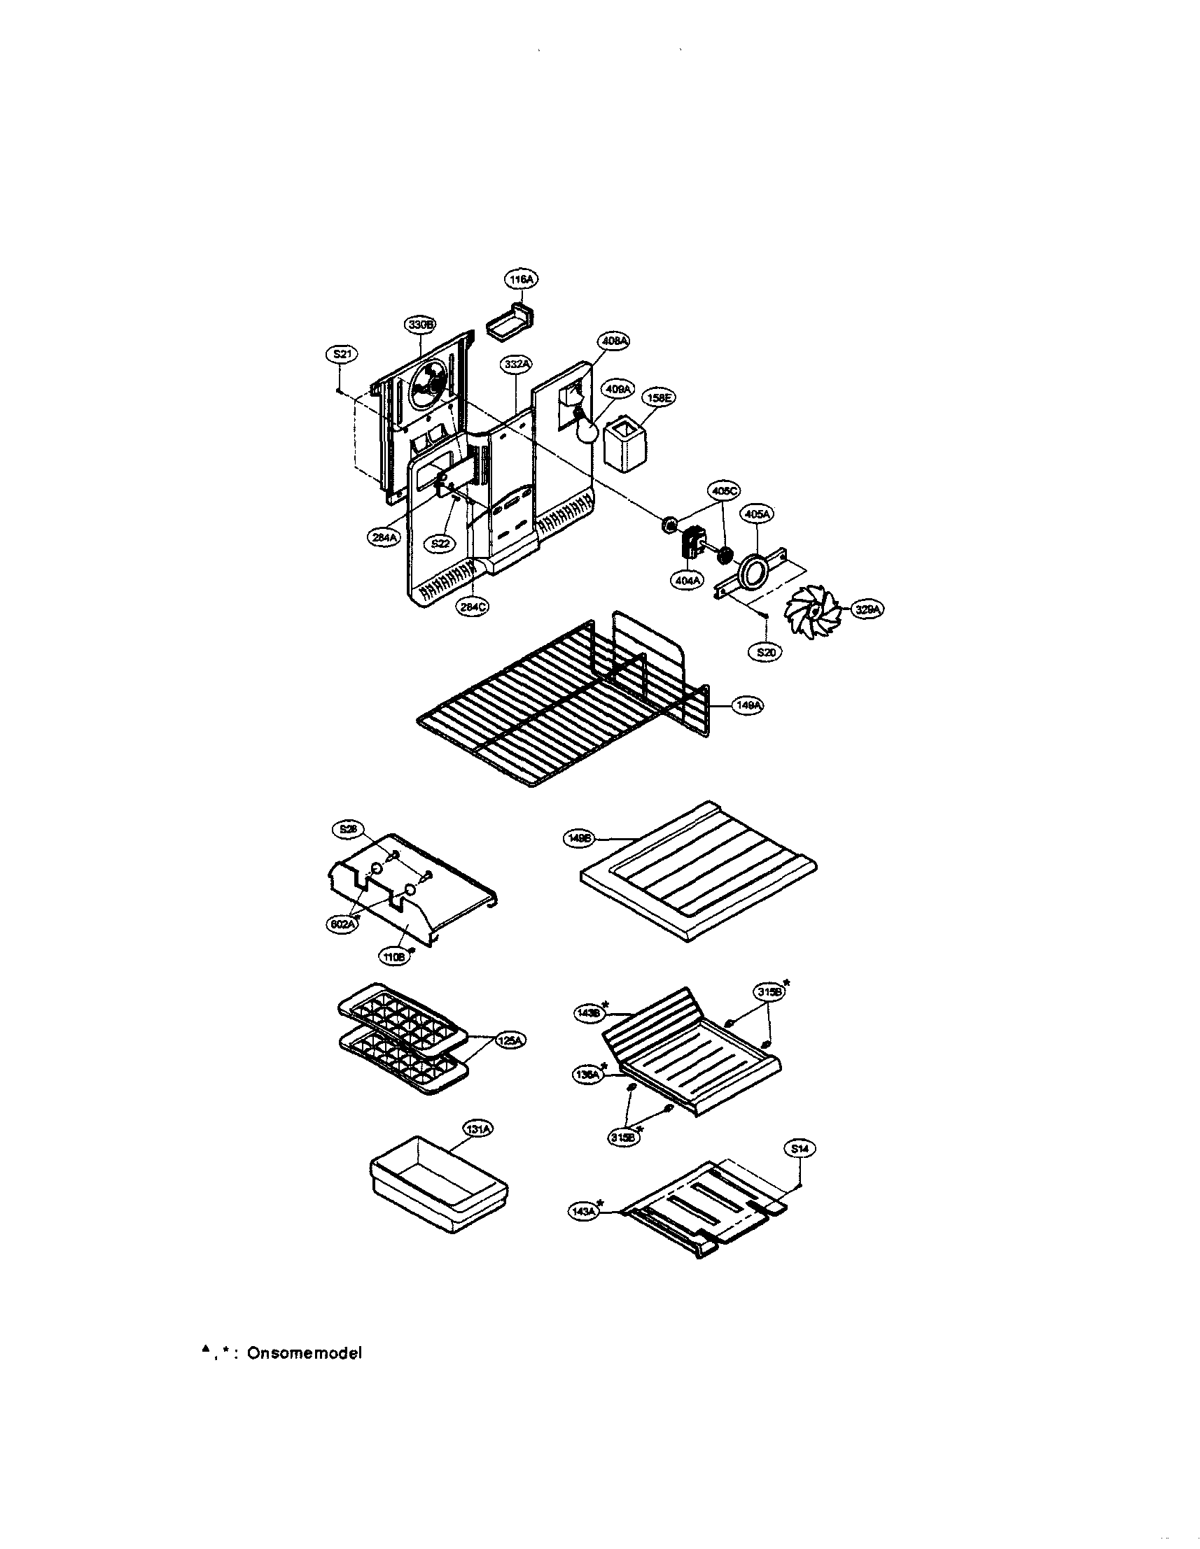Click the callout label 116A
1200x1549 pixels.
point(521,279)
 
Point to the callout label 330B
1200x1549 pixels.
point(420,324)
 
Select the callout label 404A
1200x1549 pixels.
point(687,579)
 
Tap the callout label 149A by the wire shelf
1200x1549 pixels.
point(747,706)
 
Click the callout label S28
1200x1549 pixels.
point(348,828)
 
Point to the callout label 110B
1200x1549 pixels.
point(394,956)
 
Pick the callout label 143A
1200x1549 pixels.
point(584,1212)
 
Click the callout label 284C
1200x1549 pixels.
point(472,607)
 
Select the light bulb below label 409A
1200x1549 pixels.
point(585,430)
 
